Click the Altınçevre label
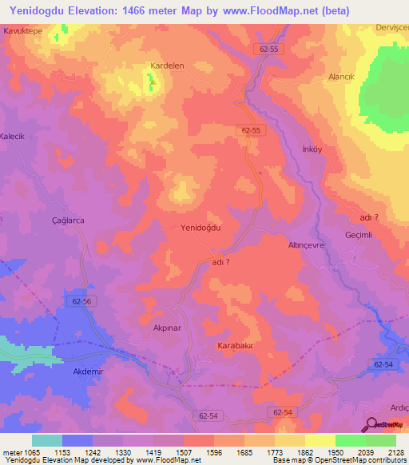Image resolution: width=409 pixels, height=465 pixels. (306, 246)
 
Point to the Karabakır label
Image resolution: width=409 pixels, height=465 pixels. (236, 346)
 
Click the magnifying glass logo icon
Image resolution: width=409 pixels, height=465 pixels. (371, 424)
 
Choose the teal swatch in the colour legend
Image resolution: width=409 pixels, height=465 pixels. (46, 440)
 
